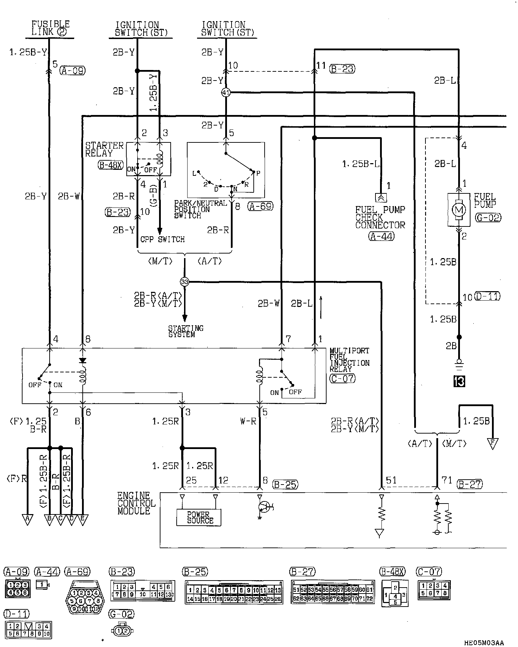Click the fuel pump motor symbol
pos(459,210)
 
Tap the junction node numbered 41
pos(226,93)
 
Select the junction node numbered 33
pos(184,282)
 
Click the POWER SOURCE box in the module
pos(199,518)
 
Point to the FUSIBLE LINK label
pos(50,28)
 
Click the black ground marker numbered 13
pos(459,381)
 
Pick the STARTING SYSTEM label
pos(186,331)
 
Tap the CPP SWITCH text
pos(163,239)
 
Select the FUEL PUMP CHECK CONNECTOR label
pos(380,217)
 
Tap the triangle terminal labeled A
pos(27,519)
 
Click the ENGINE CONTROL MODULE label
pos(136,503)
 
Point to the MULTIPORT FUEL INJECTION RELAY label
pos(349,360)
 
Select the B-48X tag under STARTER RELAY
pos(110,165)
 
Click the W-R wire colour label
pos(248,421)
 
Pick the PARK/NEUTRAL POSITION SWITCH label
pos(201,209)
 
